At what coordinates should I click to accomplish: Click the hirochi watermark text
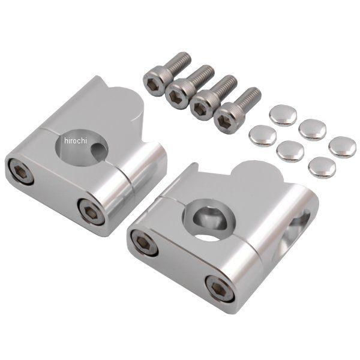tap(76, 140)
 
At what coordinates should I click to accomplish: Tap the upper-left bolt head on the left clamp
tap(20, 171)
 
